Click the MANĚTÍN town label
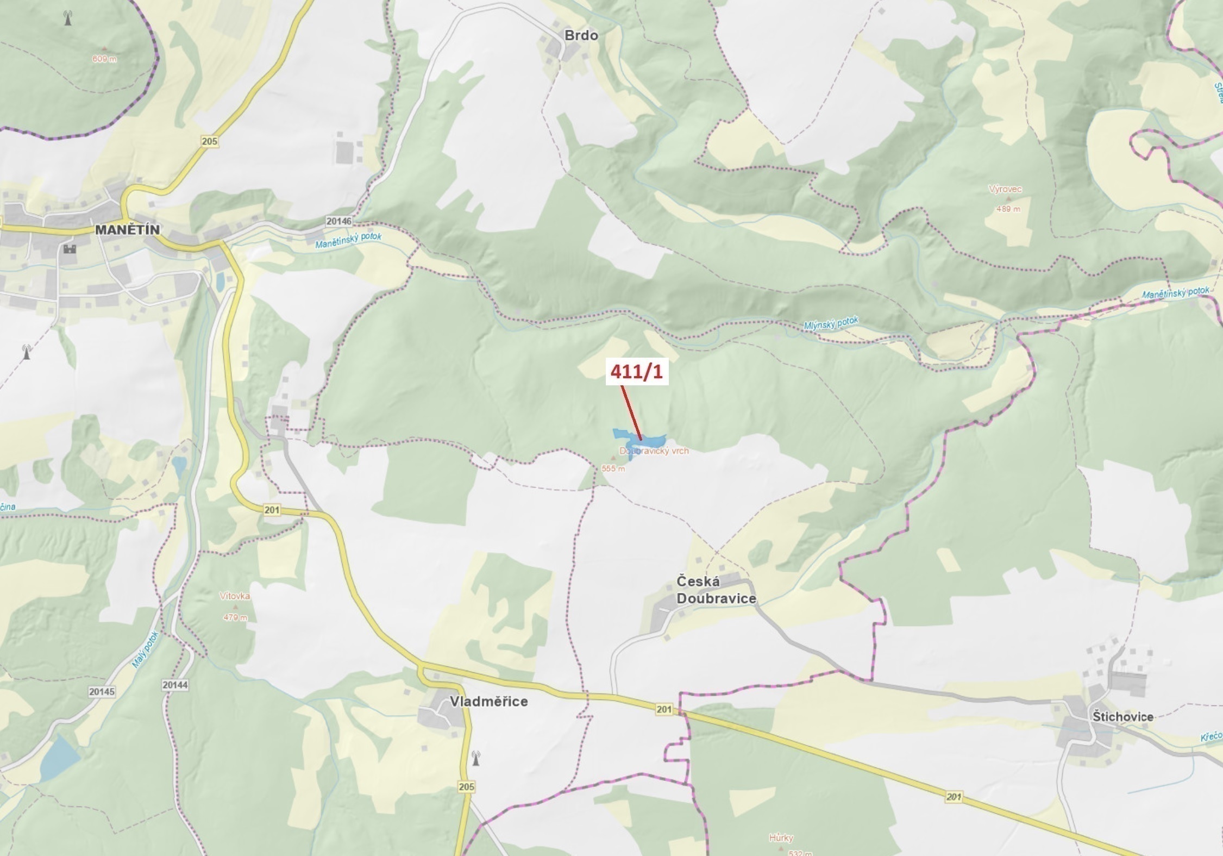[x=128, y=229]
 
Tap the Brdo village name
[x=581, y=35]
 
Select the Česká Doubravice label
[x=716, y=590]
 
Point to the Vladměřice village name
[x=488, y=702]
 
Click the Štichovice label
[x=1122, y=717]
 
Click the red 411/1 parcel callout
[x=636, y=372]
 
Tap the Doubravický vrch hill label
[x=654, y=451]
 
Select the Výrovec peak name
[x=1005, y=189]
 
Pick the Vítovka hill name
[x=235, y=596]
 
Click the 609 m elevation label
[x=104, y=59]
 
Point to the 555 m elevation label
[x=613, y=468]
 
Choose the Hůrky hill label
[x=781, y=838]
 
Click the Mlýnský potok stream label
[x=831, y=323]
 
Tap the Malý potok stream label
[x=145, y=649]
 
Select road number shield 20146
[x=338, y=221]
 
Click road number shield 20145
[x=102, y=692]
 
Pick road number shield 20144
[x=175, y=685]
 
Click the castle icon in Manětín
[x=69, y=249]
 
